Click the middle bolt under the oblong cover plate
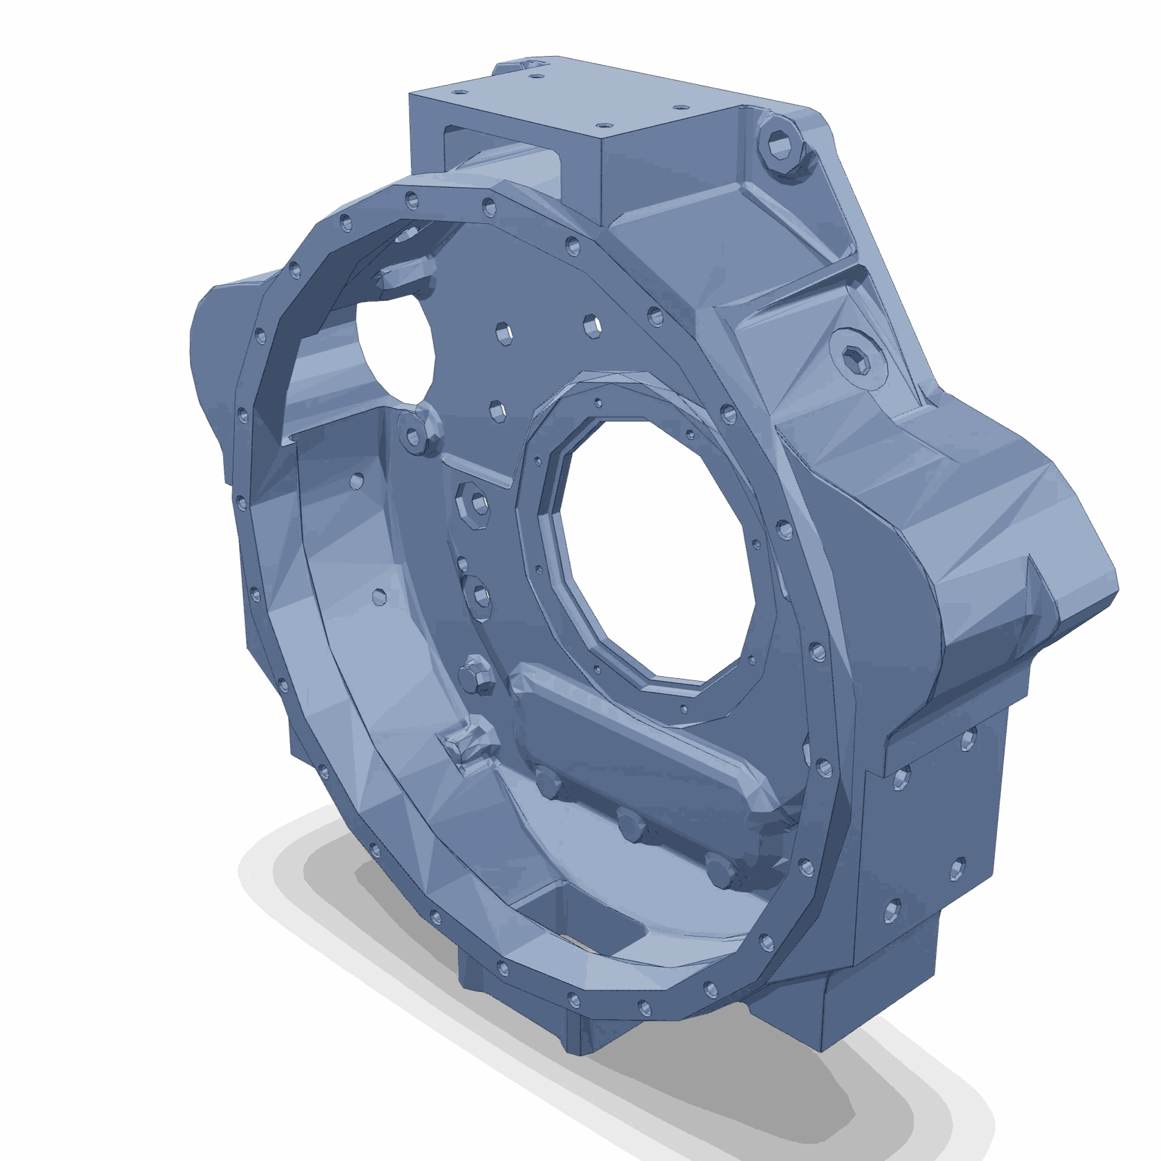pyautogui.click(x=630, y=825)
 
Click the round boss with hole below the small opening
pyautogui.click(x=414, y=434)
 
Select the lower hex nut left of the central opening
pyautogui.click(x=478, y=594)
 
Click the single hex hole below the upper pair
pyautogui.click(x=498, y=410)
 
